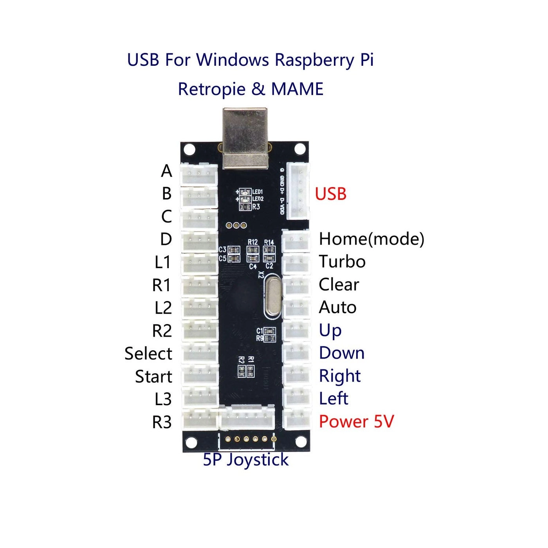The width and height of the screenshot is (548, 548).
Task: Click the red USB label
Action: pyautogui.click(x=330, y=194)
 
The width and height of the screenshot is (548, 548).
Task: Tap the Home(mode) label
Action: pyautogui.click(x=371, y=239)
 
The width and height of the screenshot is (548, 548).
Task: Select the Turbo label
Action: pyautogui.click(x=342, y=261)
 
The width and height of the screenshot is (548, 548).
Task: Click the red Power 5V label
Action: pyautogui.click(x=356, y=422)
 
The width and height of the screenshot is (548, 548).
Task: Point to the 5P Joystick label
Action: pyautogui.click(x=245, y=460)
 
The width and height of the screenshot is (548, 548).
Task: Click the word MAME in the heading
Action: pyautogui.click(x=297, y=89)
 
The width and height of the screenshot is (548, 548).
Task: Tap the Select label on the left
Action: pyautogui.click(x=148, y=353)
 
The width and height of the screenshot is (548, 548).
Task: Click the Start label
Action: pyautogui.click(x=153, y=377)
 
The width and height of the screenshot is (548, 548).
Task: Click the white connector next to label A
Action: pyautogui.click(x=199, y=174)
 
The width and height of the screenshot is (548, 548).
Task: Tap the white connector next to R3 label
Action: pyautogui.click(x=200, y=421)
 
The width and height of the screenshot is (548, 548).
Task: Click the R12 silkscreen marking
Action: pyautogui.click(x=252, y=242)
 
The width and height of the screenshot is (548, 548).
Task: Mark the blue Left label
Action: pyautogui.click(x=333, y=399)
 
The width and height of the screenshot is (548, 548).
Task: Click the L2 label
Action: pyautogui.click(x=163, y=308)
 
